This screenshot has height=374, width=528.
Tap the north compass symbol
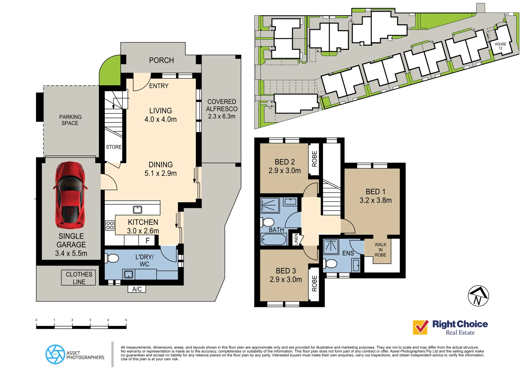point(478,296)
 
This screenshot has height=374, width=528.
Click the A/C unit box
point(137,289)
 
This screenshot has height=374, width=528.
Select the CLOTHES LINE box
point(78,278)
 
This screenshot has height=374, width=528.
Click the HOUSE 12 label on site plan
point(500,46)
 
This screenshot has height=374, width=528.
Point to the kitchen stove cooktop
point(110,225)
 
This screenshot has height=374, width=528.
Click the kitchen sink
point(137,210)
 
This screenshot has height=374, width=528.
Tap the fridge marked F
point(148,240)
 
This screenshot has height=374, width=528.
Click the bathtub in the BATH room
point(274,239)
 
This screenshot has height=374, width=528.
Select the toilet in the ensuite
point(331,264)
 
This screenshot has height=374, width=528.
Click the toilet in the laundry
point(113,258)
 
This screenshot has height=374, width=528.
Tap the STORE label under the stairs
point(113,147)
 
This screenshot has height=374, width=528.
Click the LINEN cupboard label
point(296,239)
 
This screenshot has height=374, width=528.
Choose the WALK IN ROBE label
point(380,250)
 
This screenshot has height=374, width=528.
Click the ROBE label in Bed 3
point(314,283)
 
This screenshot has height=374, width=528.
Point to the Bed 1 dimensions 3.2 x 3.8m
point(376,201)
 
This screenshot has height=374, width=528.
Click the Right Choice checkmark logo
point(420,327)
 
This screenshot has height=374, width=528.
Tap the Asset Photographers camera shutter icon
point(55,354)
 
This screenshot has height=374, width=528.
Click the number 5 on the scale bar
point(126,320)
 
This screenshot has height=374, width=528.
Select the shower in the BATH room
point(270,205)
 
